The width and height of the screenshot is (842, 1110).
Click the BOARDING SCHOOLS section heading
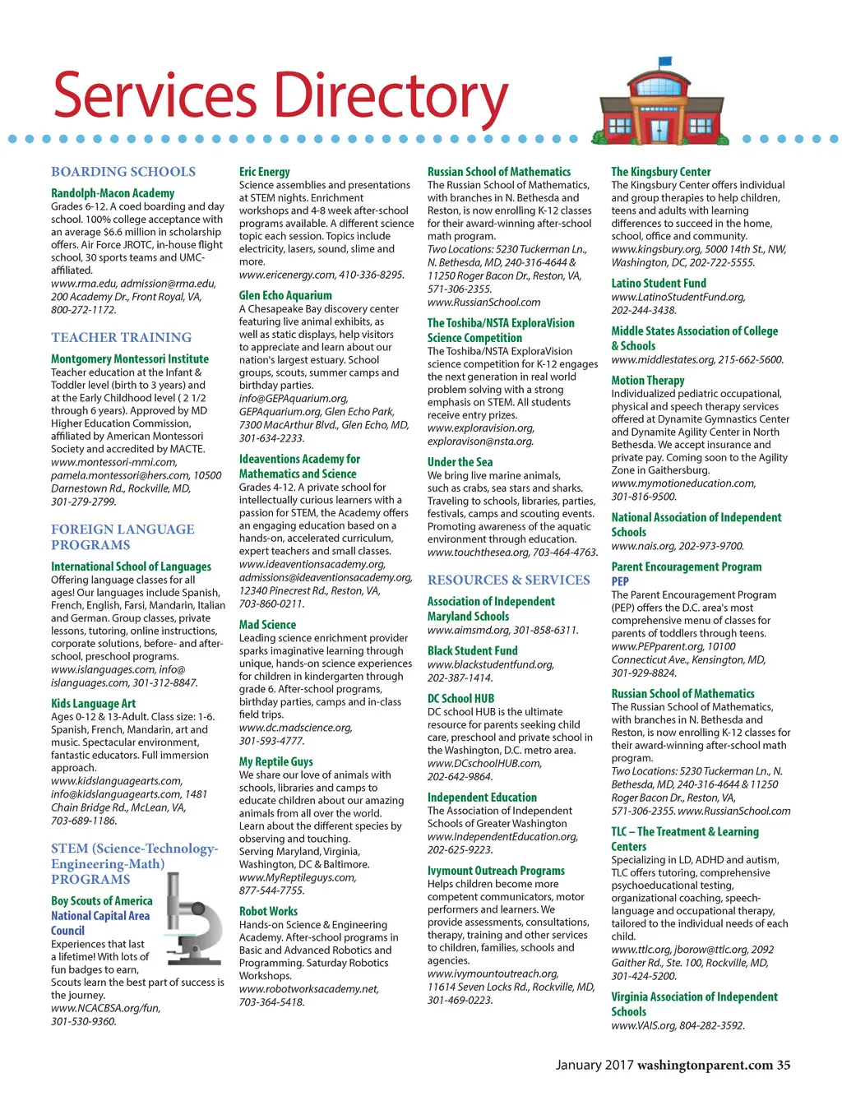click(x=123, y=172)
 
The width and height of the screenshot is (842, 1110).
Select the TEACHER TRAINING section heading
click(x=121, y=337)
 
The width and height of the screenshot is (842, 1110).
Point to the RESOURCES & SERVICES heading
click(x=508, y=580)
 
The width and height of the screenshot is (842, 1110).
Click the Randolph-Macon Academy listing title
click(x=113, y=193)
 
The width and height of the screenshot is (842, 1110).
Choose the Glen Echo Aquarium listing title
click(x=285, y=295)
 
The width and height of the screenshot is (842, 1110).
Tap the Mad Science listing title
click(x=267, y=625)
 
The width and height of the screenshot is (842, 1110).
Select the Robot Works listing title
click(x=268, y=911)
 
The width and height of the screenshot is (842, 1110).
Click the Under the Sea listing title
click(x=460, y=462)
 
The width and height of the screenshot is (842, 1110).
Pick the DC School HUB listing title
click(x=460, y=698)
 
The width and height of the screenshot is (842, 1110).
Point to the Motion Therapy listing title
click(x=647, y=380)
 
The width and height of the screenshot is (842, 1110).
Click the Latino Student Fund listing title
click(x=658, y=283)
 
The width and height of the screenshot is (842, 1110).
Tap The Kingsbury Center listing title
click(x=660, y=172)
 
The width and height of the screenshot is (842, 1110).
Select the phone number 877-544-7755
click(x=271, y=890)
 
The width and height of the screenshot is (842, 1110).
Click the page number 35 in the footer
click(x=783, y=1065)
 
